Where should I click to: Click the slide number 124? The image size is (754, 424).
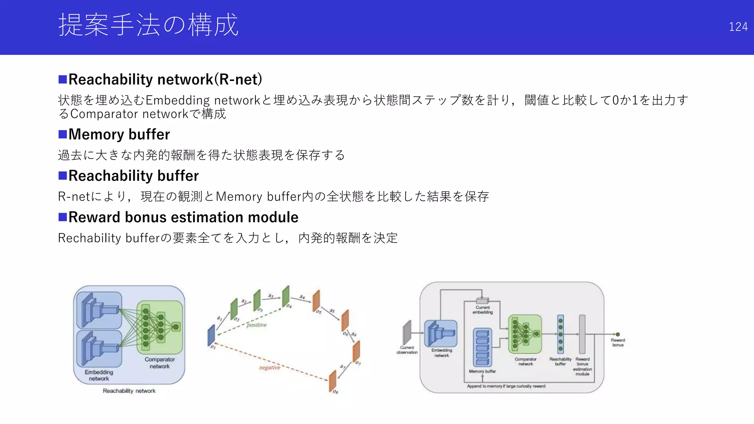click(x=738, y=27)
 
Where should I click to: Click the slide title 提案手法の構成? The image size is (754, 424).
click(x=148, y=25)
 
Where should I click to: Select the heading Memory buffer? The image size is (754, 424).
click(x=119, y=134)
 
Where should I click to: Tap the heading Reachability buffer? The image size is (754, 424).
click(x=133, y=176)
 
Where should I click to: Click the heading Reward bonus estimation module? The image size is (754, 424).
click(x=183, y=217)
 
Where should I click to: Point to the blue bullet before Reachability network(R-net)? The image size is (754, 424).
click(x=63, y=79)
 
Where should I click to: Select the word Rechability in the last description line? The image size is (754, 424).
click(x=89, y=238)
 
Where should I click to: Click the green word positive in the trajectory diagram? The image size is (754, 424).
click(x=257, y=325)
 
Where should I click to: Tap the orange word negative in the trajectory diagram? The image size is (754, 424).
click(x=269, y=368)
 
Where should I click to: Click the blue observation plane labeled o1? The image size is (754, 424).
click(x=211, y=335)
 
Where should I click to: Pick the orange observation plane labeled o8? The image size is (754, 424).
click(x=332, y=381)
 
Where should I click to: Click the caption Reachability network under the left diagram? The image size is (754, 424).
click(x=129, y=391)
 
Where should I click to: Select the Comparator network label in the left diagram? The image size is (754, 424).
click(x=159, y=363)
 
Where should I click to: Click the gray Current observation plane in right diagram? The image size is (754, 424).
click(x=407, y=332)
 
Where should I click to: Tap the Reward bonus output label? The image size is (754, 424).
click(x=618, y=342)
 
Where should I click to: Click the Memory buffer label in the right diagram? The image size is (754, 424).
click(x=482, y=371)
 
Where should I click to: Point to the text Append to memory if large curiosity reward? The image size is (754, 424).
click(x=506, y=386)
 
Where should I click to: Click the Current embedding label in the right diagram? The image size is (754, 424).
click(x=483, y=310)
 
